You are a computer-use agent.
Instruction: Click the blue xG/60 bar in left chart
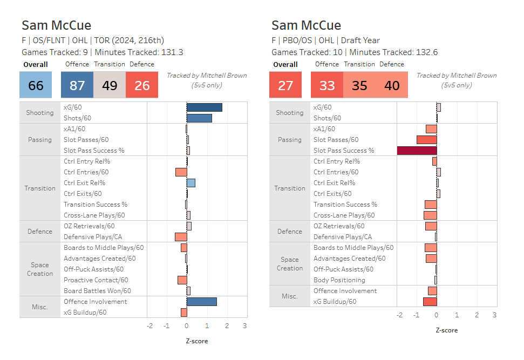204,107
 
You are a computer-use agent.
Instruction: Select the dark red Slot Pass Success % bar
417,151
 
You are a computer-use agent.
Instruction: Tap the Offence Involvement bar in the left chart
201,302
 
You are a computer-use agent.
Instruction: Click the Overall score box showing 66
36,86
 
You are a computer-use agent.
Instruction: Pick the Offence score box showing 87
77,86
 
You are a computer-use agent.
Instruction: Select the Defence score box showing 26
142,86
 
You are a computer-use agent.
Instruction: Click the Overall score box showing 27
285,86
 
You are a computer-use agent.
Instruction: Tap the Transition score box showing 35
359,86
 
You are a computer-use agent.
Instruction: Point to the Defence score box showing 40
392,86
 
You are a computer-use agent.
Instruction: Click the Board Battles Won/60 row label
97,291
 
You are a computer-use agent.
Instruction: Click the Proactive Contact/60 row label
96,280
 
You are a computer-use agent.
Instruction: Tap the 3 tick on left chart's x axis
244,326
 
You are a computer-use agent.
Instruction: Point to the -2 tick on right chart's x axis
399,315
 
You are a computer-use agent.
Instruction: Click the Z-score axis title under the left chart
196,341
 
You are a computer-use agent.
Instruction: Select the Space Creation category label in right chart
290,264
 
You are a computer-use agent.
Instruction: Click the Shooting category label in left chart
40,113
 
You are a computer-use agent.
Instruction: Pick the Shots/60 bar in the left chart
199,118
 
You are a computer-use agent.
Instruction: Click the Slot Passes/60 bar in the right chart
426,140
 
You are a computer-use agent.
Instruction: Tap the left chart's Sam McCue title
56,25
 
